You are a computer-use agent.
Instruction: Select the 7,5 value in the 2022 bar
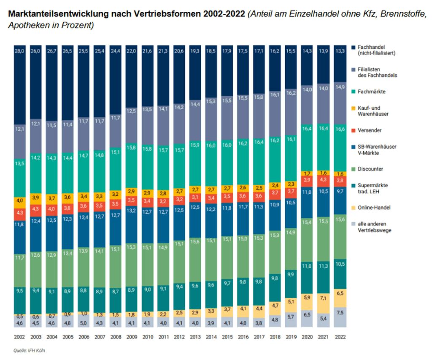340,313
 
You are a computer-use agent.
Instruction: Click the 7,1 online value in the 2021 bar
324,298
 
